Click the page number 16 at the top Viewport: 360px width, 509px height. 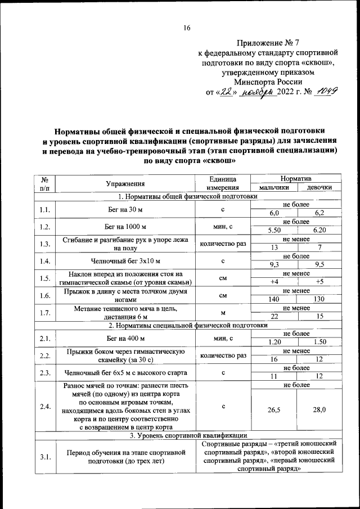pyautogui.click(x=187, y=29)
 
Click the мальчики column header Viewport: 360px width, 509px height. pyautogui.click(x=274, y=187)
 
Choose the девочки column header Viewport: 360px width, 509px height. pyautogui.click(x=319, y=187)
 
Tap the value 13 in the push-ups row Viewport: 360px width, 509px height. pyautogui.click(x=274, y=247)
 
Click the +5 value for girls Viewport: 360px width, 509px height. pyautogui.click(x=319, y=282)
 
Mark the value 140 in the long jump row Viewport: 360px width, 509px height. pyautogui.click(x=274, y=299)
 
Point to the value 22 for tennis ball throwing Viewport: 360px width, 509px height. pyautogui.click(x=274, y=317)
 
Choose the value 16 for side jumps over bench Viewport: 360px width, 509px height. pyautogui.click(x=274, y=359)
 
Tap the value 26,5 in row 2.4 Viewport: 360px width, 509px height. pyautogui.click(x=274, y=411)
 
